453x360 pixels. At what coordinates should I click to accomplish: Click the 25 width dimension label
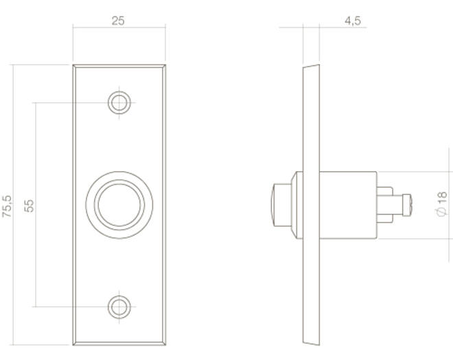click(118, 21)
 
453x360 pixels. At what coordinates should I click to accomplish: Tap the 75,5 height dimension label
click(8, 206)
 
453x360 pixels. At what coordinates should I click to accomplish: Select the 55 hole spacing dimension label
click(29, 206)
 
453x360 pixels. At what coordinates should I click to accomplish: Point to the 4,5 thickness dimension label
click(353, 21)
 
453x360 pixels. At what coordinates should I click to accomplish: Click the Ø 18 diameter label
click(442, 204)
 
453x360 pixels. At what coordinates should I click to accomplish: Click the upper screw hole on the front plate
click(119, 102)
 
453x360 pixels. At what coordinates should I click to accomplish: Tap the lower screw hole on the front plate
click(119, 307)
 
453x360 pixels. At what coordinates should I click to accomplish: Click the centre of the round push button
click(119, 205)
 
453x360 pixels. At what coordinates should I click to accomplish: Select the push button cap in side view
click(281, 205)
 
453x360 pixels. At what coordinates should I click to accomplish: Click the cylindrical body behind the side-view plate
click(348, 205)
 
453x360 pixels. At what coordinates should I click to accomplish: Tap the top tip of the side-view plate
click(319, 65)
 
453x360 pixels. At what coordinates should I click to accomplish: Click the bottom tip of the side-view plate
click(319, 345)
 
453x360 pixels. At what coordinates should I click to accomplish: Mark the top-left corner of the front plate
click(73, 65)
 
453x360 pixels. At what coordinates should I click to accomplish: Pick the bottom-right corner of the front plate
click(165, 345)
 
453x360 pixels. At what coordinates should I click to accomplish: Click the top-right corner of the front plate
click(165, 65)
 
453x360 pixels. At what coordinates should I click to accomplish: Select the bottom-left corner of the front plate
click(73, 345)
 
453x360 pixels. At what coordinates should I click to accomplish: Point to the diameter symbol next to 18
click(442, 212)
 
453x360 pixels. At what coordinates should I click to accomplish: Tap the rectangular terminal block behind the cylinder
click(384, 205)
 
